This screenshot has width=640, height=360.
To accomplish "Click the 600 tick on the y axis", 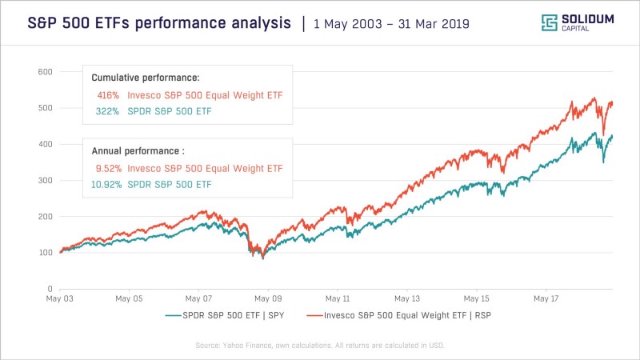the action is point(46,72).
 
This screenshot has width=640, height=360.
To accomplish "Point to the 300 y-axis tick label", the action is point(46,181).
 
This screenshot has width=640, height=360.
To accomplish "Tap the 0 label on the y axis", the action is point(50,289).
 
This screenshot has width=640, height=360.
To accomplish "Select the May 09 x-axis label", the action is point(268,298).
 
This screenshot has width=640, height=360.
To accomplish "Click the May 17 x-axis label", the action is point(546,298).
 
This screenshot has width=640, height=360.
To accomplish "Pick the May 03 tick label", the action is point(59,298).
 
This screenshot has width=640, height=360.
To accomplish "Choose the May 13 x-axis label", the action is point(407,298).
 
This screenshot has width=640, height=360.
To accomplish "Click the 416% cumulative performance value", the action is point(108,95).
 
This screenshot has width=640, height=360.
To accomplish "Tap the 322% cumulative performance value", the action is point(107,111).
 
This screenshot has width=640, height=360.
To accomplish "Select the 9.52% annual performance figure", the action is point(109,169).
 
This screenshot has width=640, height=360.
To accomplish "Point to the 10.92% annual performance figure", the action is point(106,185).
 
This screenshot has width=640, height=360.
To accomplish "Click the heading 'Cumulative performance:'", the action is point(146,78).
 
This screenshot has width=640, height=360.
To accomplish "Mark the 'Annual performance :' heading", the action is point(138,151).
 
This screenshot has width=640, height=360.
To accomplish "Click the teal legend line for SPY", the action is point(173,315).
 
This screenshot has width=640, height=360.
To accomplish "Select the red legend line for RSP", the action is point(314,315).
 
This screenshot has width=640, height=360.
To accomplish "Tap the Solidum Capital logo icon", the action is point(550,22).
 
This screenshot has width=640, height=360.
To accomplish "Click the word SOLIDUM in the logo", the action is point(588,19).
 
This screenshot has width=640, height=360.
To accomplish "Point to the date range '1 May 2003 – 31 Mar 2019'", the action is point(391,24).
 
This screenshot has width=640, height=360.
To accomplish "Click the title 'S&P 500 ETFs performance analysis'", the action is point(159,23).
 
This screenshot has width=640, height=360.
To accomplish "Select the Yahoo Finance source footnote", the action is point(319,346).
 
